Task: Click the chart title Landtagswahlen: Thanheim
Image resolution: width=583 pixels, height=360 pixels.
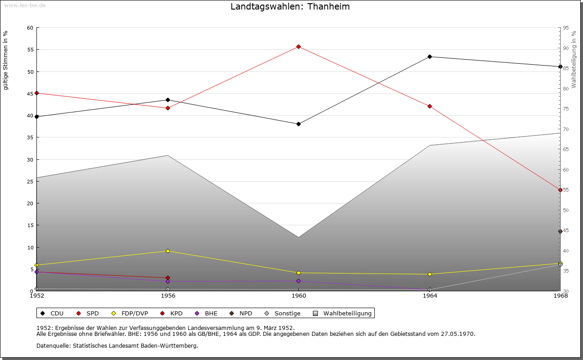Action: click(290, 7)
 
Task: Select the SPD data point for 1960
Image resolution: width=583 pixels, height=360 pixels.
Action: click(298, 46)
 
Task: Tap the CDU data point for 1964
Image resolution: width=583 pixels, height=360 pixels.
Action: click(430, 57)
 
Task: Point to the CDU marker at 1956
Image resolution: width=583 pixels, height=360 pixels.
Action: click(168, 100)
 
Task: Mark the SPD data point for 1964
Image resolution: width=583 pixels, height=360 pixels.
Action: click(430, 106)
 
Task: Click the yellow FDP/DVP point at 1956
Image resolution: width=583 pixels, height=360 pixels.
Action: click(168, 251)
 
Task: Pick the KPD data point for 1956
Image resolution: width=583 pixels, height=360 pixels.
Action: click(168, 278)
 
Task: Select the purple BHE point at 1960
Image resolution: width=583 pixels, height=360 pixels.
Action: click(298, 281)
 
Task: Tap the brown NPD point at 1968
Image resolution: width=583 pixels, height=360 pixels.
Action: click(560, 232)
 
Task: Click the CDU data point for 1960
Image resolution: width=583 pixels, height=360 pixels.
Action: click(298, 124)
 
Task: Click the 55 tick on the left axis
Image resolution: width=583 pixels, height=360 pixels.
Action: click(30, 50)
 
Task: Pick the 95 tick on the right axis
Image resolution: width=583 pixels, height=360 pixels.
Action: click(566, 28)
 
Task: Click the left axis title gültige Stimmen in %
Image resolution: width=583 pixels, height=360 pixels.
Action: click(6, 61)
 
